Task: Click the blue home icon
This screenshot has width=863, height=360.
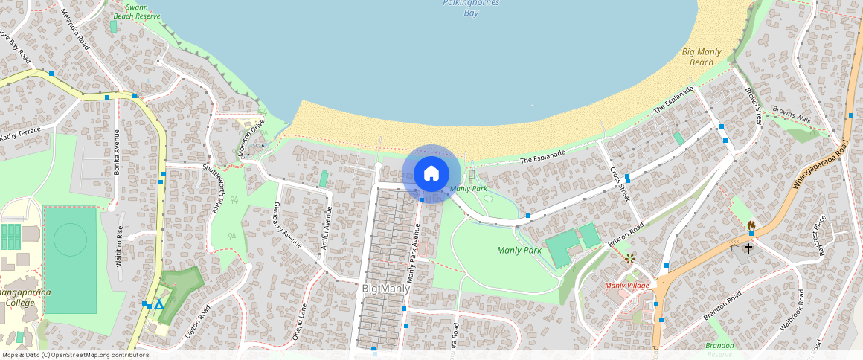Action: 431,174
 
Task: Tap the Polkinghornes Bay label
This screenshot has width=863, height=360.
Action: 471,7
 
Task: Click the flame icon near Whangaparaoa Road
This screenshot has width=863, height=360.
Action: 751,225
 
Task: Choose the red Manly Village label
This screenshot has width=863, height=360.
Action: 626,285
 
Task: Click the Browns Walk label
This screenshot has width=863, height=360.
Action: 792,117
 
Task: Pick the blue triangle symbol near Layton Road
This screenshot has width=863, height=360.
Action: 158,305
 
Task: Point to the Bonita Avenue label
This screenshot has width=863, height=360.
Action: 117,152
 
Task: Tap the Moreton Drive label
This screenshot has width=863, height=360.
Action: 252,134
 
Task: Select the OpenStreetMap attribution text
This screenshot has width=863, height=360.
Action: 75,355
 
